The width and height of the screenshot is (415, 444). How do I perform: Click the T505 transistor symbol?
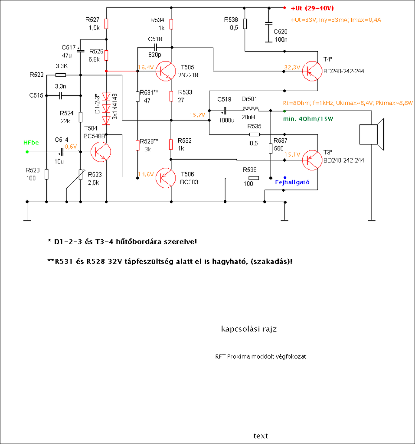coord(166,71)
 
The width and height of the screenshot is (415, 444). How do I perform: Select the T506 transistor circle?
coord(166,178)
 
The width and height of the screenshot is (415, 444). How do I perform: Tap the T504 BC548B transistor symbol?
coord(101,152)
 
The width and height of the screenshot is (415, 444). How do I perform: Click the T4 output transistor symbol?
coord(312,71)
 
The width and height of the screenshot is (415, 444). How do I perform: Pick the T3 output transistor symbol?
coord(312,160)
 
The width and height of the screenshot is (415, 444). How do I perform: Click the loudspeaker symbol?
coord(371,134)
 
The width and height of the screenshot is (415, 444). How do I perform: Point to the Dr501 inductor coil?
coord(251,109)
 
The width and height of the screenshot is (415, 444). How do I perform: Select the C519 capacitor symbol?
coord(225,111)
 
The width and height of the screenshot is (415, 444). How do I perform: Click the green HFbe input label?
coord(31,143)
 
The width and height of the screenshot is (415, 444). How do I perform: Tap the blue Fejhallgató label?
coord(292,183)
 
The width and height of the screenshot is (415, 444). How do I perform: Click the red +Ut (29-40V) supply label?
coord(312,8)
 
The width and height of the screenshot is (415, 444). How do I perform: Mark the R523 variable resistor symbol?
coord(81,175)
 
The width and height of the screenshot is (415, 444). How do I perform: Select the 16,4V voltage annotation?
coord(146,67)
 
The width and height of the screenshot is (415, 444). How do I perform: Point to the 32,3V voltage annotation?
coord(292,67)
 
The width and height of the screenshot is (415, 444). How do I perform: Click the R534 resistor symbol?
coord(171,24)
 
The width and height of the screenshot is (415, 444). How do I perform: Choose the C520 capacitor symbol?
coord(269,23)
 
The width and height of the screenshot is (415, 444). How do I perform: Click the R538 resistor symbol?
coord(254,178)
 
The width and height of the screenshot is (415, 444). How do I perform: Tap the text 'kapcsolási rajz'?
coord(249,329)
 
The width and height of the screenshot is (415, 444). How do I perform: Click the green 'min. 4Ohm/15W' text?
coord(308,119)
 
